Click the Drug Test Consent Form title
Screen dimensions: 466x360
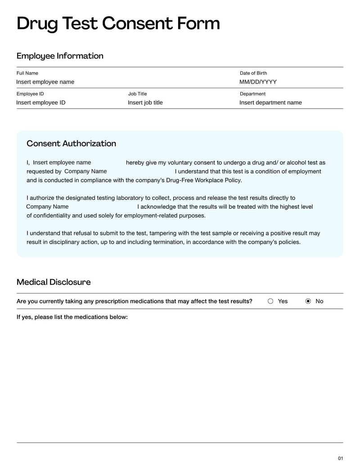[118, 23]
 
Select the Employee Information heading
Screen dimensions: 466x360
[60, 56]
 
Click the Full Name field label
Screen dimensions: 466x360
[27, 73]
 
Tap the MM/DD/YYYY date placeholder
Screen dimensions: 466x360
[258, 82]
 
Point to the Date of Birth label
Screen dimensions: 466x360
[253, 73]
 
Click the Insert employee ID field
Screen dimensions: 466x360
[41, 103]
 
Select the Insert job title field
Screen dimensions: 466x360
[145, 103]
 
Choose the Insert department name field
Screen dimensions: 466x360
[270, 103]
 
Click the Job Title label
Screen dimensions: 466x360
[137, 94]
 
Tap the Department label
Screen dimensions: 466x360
[252, 94]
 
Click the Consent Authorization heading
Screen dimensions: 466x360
[71, 144]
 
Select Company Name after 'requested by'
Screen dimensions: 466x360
[85, 171]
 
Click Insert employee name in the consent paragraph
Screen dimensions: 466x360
[62, 163]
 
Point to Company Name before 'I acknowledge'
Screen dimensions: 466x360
[47, 207]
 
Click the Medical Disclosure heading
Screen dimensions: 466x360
[54, 282]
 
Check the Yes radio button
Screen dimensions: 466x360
[270, 301]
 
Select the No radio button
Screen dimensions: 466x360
[308, 301]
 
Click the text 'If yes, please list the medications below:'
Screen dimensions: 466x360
[72, 317]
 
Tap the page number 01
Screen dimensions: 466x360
[340, 458]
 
